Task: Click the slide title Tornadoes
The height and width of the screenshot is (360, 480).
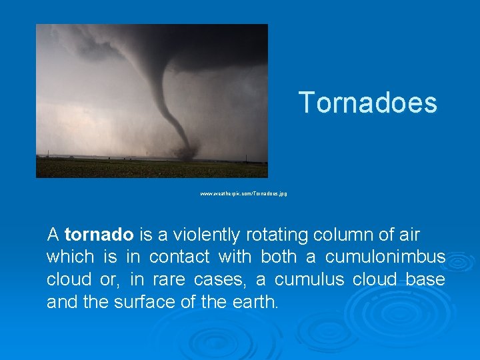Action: click(x=367, y=103)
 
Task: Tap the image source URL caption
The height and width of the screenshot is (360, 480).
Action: click(x=243, y=193)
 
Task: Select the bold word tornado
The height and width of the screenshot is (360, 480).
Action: click(x=99, y=235)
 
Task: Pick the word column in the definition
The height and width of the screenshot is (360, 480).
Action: click(x=340, y=235)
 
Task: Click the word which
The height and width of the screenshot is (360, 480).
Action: click(x=70, y=257)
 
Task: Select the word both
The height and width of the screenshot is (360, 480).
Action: click(x=279, y=257)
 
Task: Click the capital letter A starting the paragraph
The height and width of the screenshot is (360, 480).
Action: click(x=53, y=235)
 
